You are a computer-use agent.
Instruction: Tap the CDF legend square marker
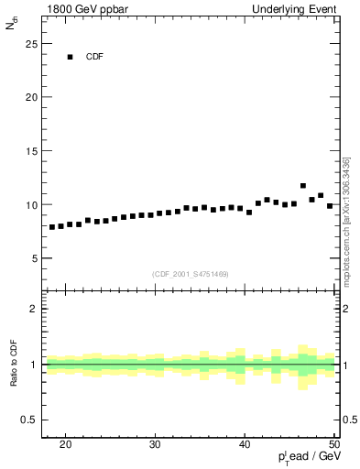click(70, 57)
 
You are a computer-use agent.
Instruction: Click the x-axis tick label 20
click(65, 444)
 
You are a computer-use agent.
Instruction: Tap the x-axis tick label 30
click(155, 444)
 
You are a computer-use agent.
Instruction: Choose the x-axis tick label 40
click(245, 444)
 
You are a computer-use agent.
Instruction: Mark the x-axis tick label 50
click(333, 444)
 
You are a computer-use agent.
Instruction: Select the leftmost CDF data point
click(52, 226)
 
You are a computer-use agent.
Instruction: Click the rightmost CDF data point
click(330, 206)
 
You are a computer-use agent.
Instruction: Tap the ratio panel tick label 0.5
click(30, 420)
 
